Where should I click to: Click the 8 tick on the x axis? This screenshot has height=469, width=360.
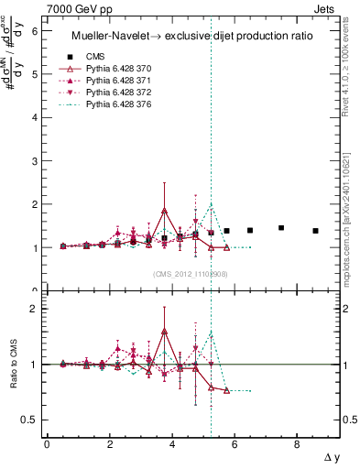pos(297,443)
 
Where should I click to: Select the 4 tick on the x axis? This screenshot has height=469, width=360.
pos(172,443)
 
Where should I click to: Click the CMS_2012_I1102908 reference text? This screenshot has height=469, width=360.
pos(191,274)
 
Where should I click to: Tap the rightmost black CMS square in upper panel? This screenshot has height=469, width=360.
pos(315,231)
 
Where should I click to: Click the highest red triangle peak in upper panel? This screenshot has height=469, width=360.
pos(164,210)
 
